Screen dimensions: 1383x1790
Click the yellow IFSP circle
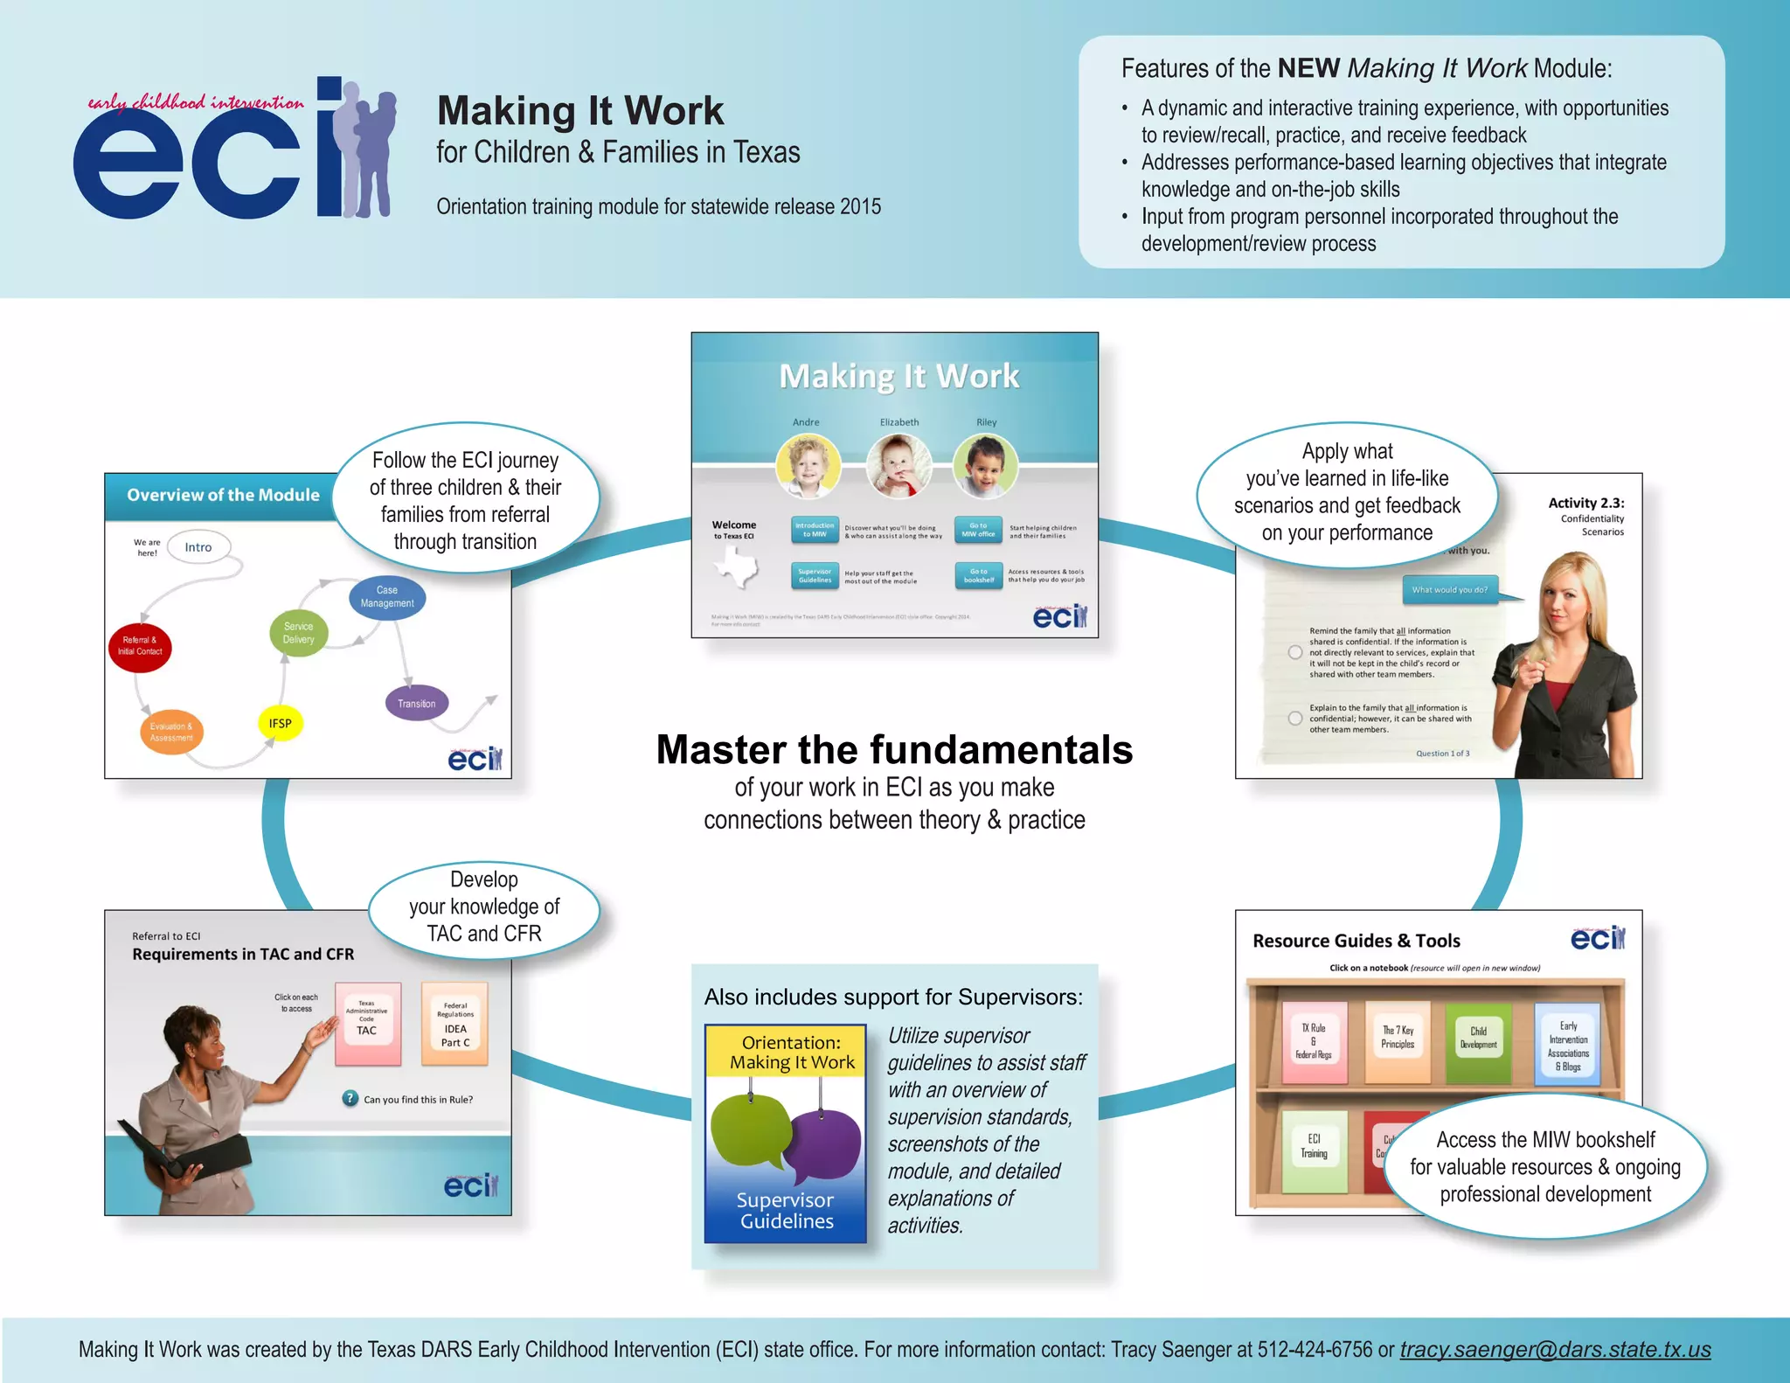(x=280, y=723)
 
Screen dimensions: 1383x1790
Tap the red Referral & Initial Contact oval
(x=140, y=647)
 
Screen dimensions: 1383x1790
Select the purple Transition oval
(x=417, y=703)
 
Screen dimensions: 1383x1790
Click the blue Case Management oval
(x=387, y=597)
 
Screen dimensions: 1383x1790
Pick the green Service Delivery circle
(x=299, y=633)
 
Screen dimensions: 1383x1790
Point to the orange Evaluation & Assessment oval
(x=171, y=732)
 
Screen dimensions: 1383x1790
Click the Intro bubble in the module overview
(x=198, y=547)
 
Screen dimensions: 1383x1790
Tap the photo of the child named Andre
(x=808, y=466)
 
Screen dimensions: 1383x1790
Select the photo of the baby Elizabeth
(x=898, y=466)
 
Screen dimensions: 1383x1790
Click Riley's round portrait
(x=985, y=466)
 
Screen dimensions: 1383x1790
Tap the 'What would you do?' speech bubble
(x=1450, y=589)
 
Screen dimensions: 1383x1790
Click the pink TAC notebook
(x=368, y=1023)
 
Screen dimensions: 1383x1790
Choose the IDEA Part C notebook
(x=454, y=1023)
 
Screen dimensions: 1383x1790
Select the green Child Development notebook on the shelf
(x=1478, y=1042)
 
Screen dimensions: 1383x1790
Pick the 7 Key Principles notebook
(x=1398, y=1042)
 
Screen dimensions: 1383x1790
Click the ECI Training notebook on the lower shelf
(x=1314, y=1150)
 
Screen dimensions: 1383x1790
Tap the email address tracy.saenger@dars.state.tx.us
(x=1555, y=1350)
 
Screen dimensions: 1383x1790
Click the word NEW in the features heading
(x=1308, y=68)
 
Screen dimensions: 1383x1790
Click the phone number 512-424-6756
(x=1315, y=1350)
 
